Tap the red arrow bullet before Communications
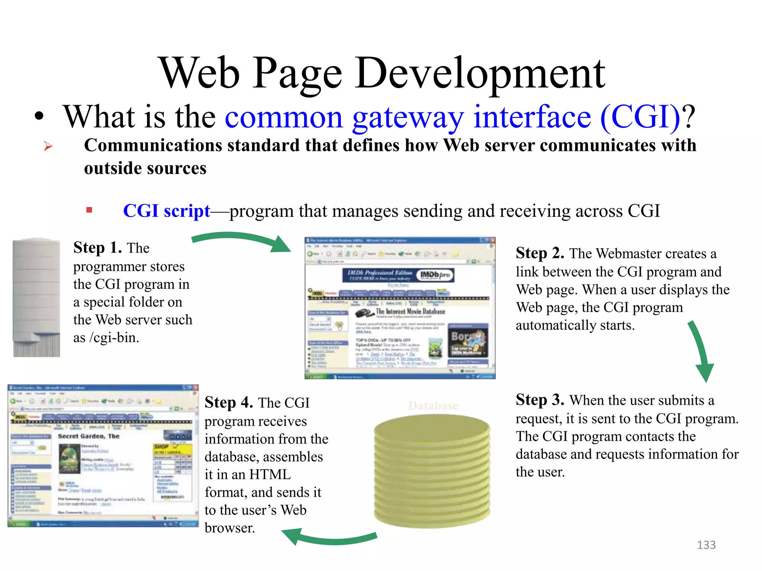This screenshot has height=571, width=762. [x=48, y=146]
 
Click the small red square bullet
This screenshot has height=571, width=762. [x=89, y=210]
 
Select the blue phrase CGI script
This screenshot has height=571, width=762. [x=166, y=211]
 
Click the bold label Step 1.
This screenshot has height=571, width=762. [x=97, y=248]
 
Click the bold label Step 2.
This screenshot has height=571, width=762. [x=540, y=253]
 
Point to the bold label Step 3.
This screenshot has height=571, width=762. [x=540, y=400]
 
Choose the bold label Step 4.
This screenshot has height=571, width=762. [x=229, y=403]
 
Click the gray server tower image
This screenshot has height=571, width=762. [x=36, y=297]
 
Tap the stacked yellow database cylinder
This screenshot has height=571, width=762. [x=432, y=472]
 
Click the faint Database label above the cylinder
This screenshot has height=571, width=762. [x=433, y=406]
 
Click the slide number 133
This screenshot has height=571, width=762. [x=706, y=545]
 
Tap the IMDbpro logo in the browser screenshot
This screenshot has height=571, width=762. [x=435, y=275]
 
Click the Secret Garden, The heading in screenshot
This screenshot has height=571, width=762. [x=89, y=436]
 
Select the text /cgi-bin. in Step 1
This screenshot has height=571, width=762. [x=114, y=338]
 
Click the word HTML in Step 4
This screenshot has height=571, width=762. [x=270, y=475]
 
